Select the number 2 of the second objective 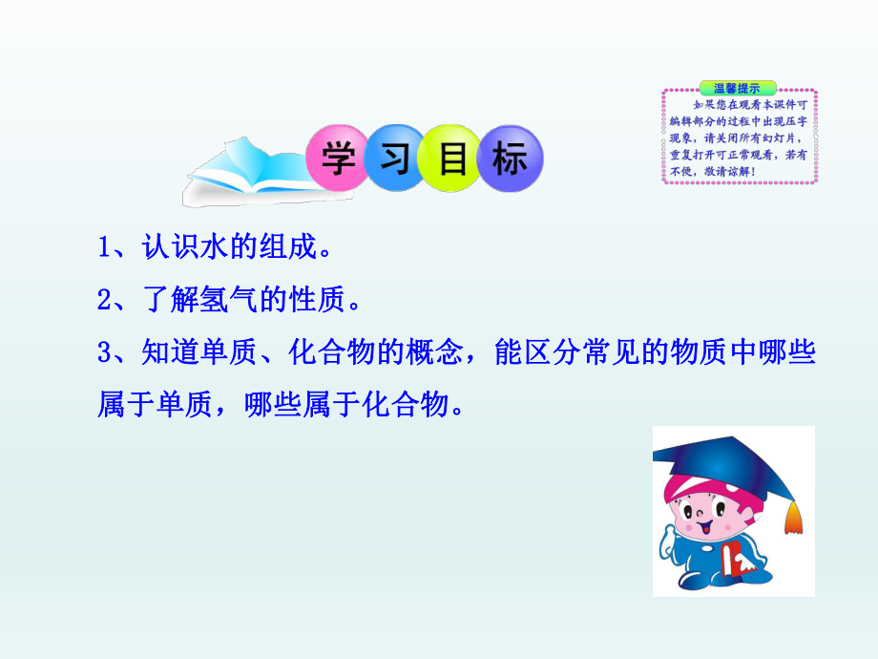pyautogui.click(x=104, y=301)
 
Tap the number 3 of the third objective pyautogui.click(x=104, y=353)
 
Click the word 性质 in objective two pyautogui.click(x=319, y=301)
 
